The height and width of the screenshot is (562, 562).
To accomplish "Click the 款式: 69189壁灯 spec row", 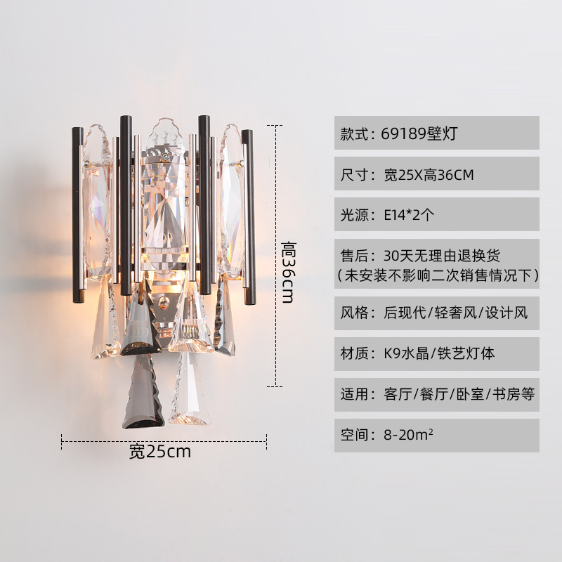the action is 436,133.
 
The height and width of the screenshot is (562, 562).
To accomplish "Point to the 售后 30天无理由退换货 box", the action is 436,263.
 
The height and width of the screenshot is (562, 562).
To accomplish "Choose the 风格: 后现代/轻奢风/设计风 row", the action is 436,313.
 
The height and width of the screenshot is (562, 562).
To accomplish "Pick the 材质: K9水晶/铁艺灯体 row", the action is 436,353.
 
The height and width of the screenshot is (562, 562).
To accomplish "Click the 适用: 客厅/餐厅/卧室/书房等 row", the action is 436,394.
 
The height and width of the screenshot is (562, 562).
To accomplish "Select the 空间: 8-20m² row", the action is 436,435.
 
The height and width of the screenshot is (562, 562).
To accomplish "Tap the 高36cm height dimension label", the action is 287,270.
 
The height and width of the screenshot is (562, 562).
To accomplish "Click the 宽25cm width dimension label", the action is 160,451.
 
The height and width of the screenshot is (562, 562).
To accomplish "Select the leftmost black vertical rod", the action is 77,214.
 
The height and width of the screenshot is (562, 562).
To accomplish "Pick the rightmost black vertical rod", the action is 248,211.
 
